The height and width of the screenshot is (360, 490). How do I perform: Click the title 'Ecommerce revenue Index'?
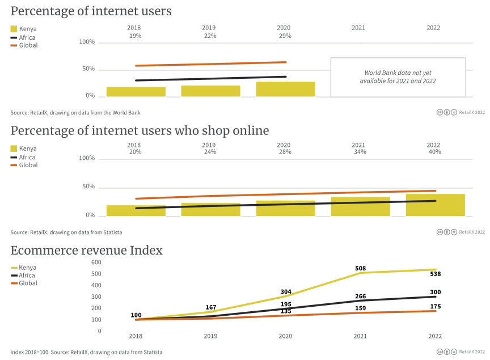87,250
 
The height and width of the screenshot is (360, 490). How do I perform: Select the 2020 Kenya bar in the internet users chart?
285,89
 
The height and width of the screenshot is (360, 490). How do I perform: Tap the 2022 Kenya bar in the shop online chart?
435,205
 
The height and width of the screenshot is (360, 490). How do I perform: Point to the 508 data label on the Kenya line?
360,268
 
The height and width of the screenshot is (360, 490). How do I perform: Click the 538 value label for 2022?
435,274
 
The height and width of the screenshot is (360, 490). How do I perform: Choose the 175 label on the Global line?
435,306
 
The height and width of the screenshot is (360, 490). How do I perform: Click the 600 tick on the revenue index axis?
96,262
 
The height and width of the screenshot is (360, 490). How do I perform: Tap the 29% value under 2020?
285,36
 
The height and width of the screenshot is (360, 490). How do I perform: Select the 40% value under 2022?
434,151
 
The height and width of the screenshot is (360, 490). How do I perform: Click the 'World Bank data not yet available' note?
398,77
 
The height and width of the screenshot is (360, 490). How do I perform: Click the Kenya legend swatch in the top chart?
14,29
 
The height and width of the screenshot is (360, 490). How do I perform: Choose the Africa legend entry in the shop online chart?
24,157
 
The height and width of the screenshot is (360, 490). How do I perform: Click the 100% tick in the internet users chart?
87,42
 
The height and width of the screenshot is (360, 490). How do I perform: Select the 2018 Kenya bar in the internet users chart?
136,91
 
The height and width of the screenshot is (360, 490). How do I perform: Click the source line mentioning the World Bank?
75,112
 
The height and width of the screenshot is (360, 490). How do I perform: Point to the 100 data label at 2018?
136,315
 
